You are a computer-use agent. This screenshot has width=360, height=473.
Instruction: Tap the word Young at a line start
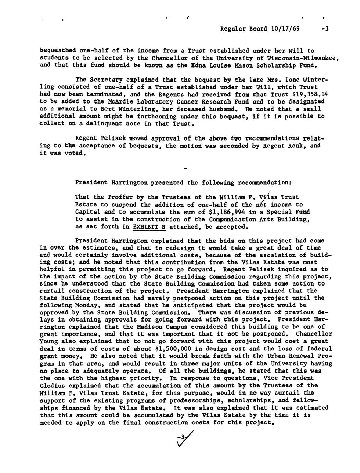click(49, 342)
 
